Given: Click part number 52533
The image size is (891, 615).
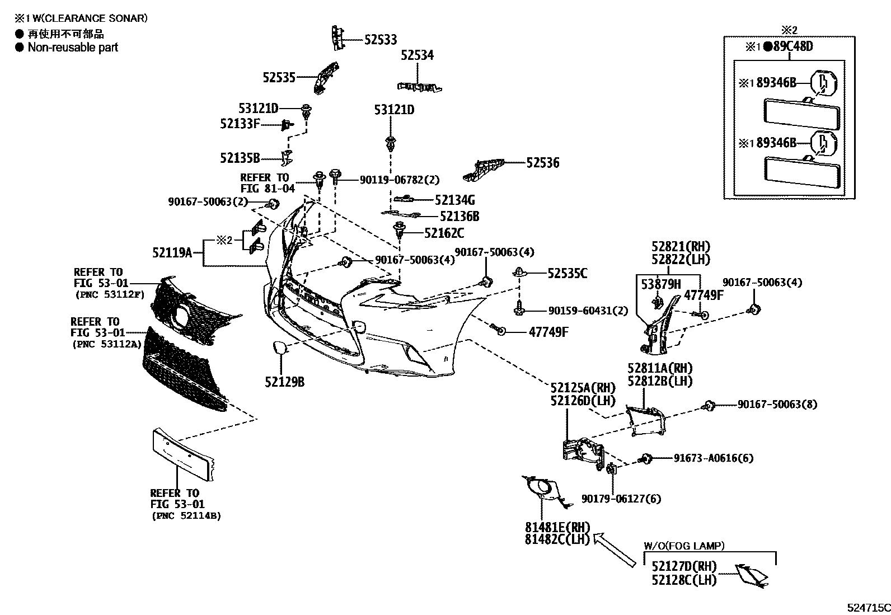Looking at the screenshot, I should point(381,40).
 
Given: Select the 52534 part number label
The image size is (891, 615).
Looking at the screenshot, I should point(417,55).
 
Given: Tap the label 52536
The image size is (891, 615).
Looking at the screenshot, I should point(542,163).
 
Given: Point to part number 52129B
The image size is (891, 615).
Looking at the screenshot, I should point(285,382).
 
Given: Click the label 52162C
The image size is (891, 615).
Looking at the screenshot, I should point(444,233).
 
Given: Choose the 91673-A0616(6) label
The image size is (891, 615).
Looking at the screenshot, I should point(713,458).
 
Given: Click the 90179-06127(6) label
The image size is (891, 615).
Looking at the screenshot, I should point(621,499).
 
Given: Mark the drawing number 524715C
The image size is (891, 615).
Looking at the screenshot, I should point(867,607).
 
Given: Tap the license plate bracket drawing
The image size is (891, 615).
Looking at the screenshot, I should point(182,453).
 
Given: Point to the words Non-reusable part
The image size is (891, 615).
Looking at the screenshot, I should point(73,48).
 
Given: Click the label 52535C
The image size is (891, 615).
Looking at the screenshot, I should point(567,274).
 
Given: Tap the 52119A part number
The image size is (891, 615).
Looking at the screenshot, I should point(172,253).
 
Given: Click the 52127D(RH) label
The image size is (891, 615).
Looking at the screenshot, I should point(684,567).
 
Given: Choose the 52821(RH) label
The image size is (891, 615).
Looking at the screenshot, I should point(681,247).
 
